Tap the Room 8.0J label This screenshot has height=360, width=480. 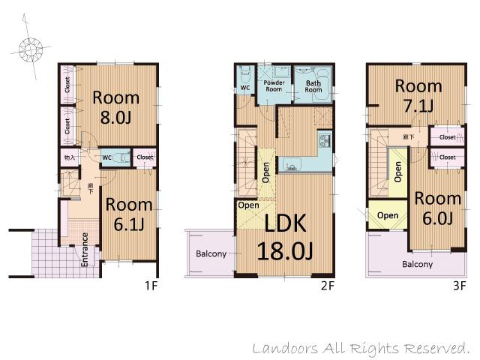(x=115, y=106)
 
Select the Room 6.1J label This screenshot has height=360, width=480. (x=128, y=214)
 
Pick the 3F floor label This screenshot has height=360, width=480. (x=459, y=286)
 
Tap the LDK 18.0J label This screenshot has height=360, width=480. (x=285, y=236)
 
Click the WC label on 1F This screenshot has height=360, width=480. (x=106, y=157)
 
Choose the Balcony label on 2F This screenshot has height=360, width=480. (x=211, y=253)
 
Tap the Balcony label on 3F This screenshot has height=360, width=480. (x=417, y=264)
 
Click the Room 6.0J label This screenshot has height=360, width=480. (x=437, y=208)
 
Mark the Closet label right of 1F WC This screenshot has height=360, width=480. (x=145, y=157)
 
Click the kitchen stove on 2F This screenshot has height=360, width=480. (x=325, y=139)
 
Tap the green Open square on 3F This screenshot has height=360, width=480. (x=388, y=215)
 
